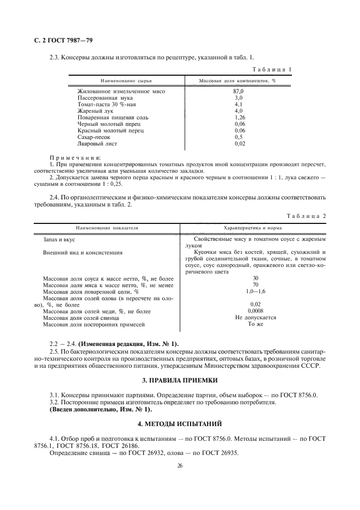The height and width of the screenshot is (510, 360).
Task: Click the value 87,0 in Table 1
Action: (238, 91)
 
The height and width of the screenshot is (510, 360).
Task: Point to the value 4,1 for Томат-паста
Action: (238, 104)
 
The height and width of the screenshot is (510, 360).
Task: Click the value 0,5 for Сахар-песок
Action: (238, 137)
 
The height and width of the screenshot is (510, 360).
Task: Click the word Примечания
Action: (71, 157)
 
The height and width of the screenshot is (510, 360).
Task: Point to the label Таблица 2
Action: (306, 216)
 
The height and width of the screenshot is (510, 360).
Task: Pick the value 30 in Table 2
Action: (255, 278)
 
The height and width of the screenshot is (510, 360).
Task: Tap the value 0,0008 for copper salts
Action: (255, 311)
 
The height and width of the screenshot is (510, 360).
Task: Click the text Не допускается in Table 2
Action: (255, 318)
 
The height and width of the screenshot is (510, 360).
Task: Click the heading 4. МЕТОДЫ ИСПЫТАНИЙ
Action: (180, 423)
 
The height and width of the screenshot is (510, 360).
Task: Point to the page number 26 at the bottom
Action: (180, 466)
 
